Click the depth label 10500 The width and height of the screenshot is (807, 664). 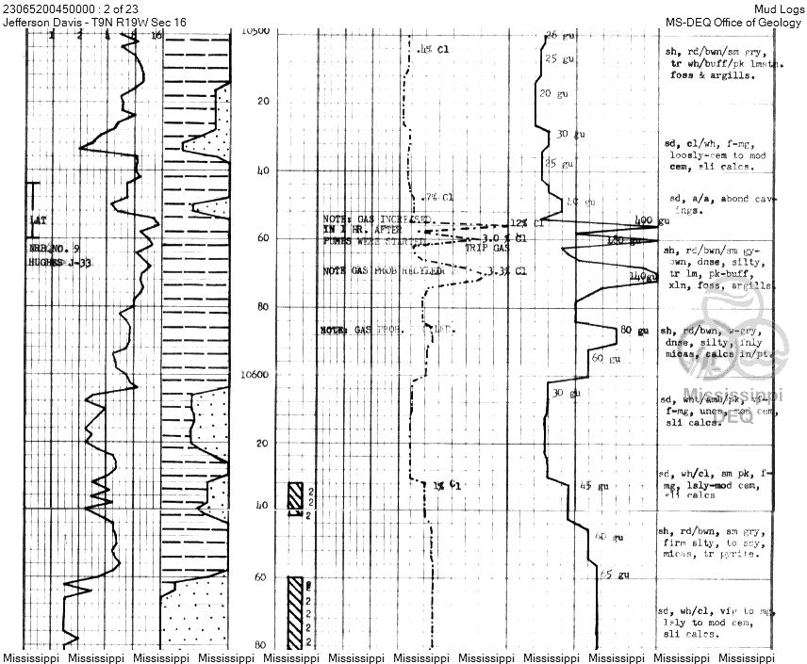[256, 32]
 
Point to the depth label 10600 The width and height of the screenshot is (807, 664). [255, 375]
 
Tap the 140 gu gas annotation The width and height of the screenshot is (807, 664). [641, 277]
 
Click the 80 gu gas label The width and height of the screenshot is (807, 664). [634, 331]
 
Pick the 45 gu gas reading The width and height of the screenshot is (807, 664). [590, 486]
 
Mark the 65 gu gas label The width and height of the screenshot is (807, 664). [614, 575]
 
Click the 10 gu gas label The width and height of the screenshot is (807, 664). [580, 202]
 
